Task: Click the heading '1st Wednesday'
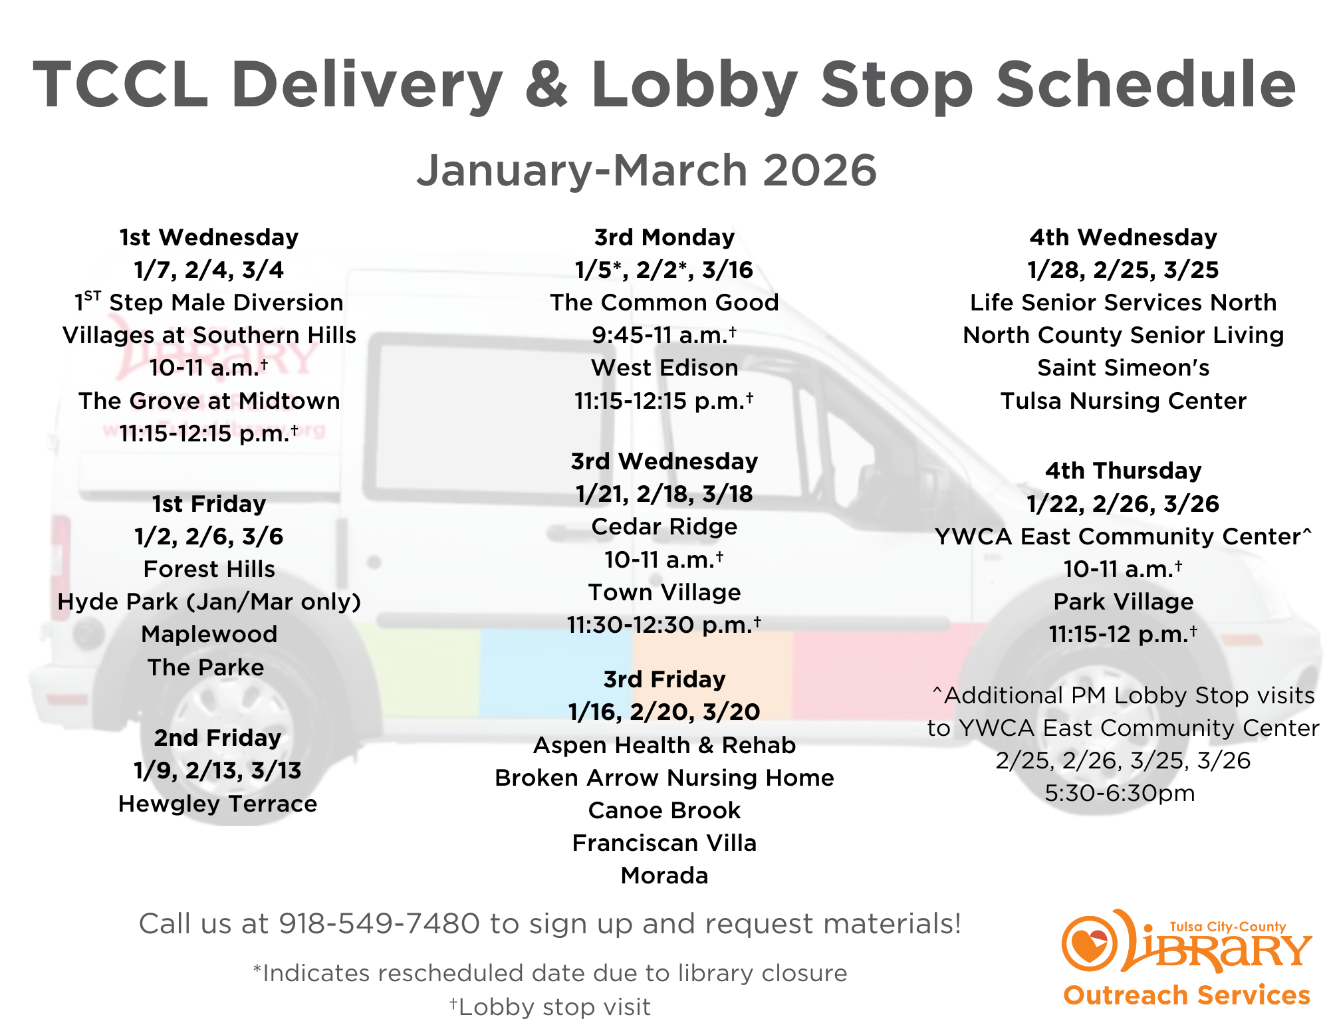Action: [x=209, y=237]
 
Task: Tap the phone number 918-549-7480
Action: [x=379, y=923]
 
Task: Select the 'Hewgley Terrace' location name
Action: [x=217, y=804]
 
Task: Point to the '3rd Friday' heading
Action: [x=664, y=679]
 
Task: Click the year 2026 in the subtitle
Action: [x=820, y=170]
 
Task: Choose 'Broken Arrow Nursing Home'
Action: [x=664, y=778]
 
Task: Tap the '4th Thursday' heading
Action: [x=1123, y=471]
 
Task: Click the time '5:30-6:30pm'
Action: [x=1120, y=793]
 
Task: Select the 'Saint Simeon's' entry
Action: [x=1123, y=368]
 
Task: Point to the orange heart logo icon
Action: [x=1089, y=943]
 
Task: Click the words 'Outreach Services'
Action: [x=1187, y=995]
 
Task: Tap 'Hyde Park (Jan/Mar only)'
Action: [x=209, y=602]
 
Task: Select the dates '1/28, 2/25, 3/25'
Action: [x=1123, y=270]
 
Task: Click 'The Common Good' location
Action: [x=664, y=302]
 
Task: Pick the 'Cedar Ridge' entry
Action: [x=664, y=526]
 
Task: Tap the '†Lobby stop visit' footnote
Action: [x=550, y=1006]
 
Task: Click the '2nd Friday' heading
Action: [x=217, y=738]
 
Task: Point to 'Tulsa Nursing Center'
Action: [x=1123, y=401]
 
